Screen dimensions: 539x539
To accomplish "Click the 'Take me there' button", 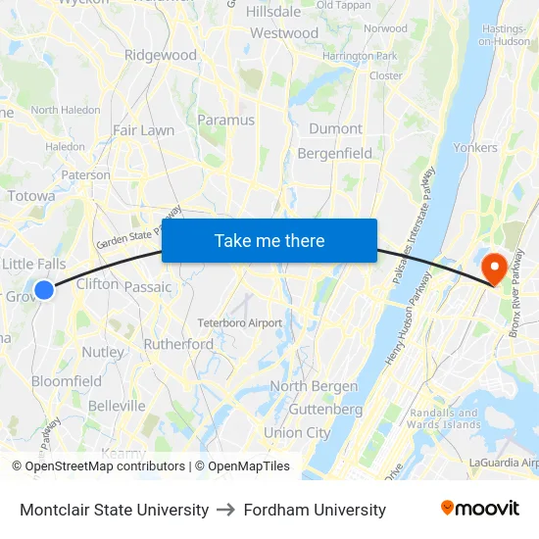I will point(269,241).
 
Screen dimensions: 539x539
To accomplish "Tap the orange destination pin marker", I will point(494,268).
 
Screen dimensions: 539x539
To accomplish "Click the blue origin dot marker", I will point(44,289).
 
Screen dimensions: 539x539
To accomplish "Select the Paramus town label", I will point(226,120).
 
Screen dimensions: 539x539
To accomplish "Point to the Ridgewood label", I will point(161,56).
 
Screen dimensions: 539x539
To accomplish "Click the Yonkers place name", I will point(475,148).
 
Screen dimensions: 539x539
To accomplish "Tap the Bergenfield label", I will point(335,153).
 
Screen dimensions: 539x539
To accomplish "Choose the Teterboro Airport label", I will point(240,322).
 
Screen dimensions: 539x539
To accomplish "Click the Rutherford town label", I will point(178,344).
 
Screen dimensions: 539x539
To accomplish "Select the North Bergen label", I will point(314,386).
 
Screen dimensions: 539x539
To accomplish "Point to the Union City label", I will point(297,432).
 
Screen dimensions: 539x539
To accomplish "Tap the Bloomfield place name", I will point(67,381).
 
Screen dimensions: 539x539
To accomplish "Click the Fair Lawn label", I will point(143,129).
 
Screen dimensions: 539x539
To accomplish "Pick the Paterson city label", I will point(86,174).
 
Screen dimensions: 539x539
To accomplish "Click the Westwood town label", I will point(284,33).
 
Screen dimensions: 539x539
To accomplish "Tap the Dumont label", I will point(335,128).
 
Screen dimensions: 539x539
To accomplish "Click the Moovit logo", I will point(480,509).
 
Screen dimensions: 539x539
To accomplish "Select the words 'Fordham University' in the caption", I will point(315,510).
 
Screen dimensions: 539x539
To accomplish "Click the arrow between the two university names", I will point(226,510).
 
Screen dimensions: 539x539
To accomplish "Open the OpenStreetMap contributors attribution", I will point(105,466).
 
